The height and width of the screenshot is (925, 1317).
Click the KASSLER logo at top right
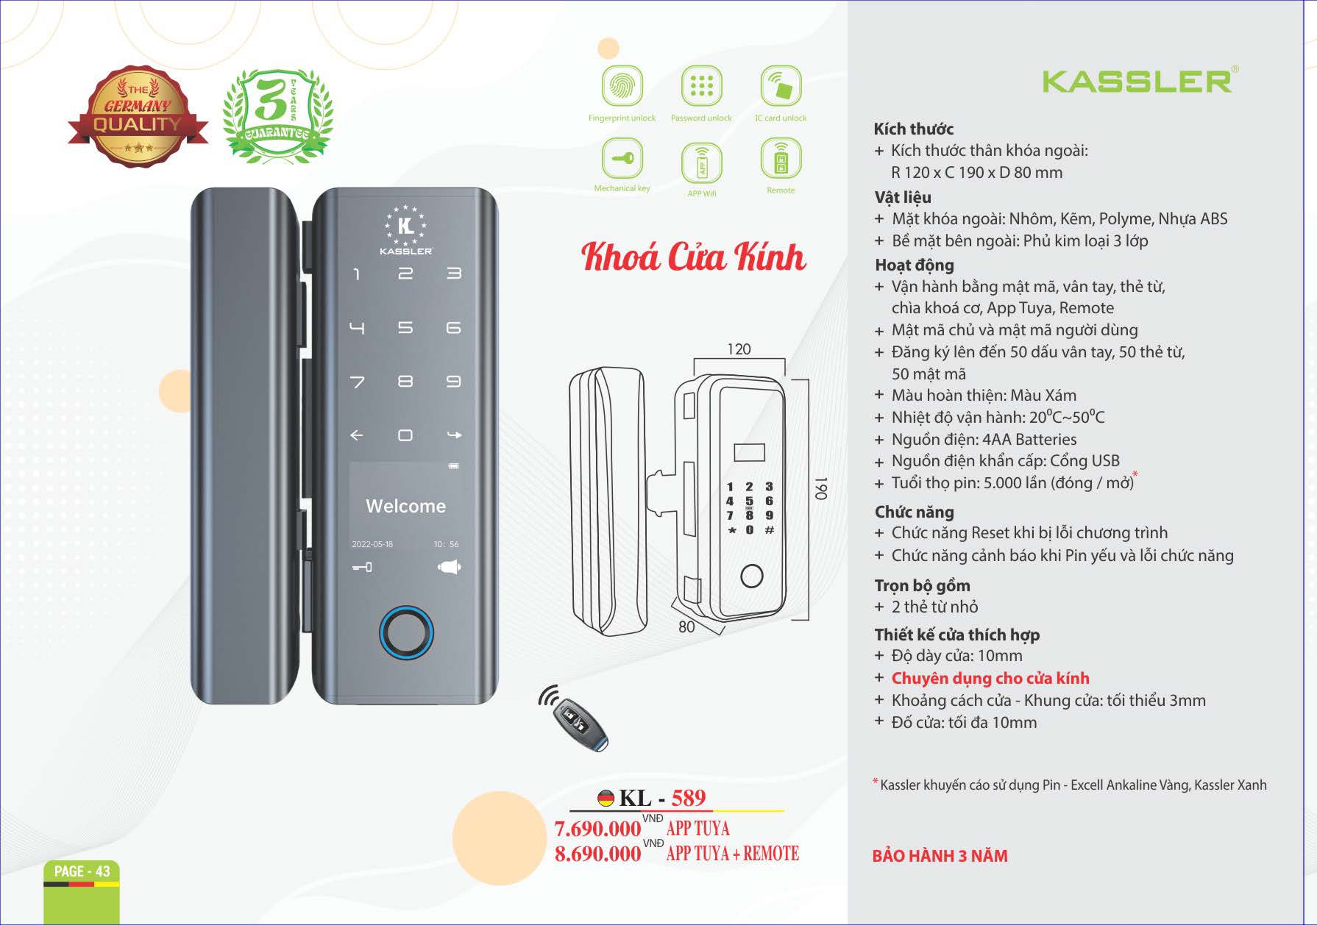pos(1140,80)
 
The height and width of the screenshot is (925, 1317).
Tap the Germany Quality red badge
pos(138,116)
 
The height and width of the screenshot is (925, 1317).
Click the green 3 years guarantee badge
pos(277,114)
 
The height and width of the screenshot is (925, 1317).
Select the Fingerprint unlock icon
pos(622,85)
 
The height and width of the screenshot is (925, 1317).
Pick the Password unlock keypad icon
pos(701,85)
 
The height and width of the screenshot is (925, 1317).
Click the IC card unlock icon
pos(781,85)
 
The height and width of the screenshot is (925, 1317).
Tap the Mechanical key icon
pos(622,157)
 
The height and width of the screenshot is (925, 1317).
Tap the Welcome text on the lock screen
pos(405,506)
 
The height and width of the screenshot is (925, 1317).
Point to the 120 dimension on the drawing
pos(739,349)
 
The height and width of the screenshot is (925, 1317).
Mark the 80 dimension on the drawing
pos(686,626)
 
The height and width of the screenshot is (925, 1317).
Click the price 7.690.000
pos(597,829)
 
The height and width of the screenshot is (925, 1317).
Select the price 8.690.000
pos(597,854)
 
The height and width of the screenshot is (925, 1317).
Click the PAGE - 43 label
pos(82,871)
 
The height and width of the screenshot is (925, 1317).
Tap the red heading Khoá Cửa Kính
pos(693,257)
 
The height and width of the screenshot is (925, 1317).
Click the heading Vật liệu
pos(903,197)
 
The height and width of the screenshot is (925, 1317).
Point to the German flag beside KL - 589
pos(606,798)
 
